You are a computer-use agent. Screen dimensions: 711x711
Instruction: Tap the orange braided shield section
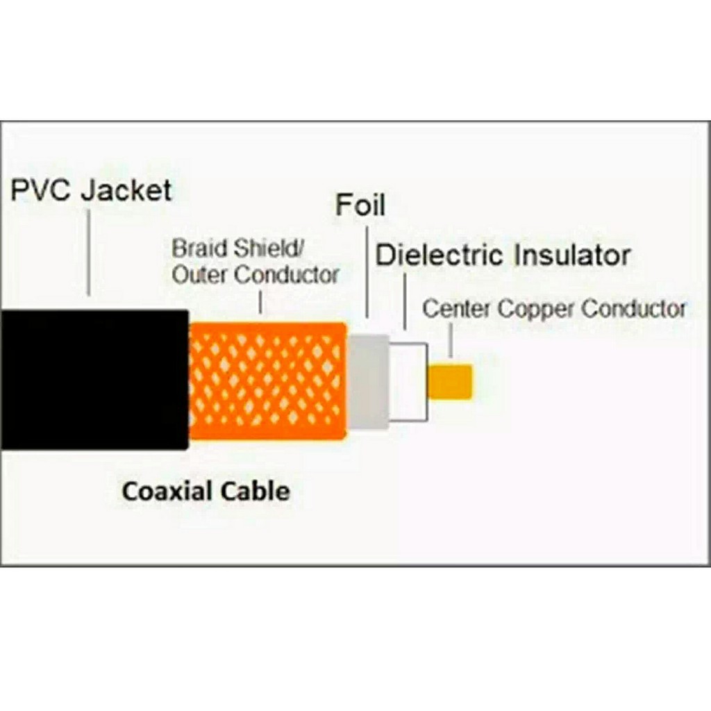(x=267, y=380)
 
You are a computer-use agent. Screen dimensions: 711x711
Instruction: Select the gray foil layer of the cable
(x=367, y=382)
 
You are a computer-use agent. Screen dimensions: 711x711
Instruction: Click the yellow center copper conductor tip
(x=450, y=382)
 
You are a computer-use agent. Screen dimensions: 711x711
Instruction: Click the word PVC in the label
(x=41, y=190)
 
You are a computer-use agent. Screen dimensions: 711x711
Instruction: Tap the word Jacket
(x=126, y=190)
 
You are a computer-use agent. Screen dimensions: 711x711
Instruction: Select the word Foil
(x=360, y=206)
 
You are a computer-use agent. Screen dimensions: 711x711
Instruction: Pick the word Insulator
(x=572, y=256)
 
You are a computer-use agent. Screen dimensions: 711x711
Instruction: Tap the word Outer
(x=200, y=275)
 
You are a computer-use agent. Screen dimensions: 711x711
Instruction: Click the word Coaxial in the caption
(x=167, y=492)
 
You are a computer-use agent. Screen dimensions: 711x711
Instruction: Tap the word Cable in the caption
(x=255, y=492)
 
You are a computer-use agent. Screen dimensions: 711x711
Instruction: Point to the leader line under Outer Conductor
(x=260, y=302)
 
